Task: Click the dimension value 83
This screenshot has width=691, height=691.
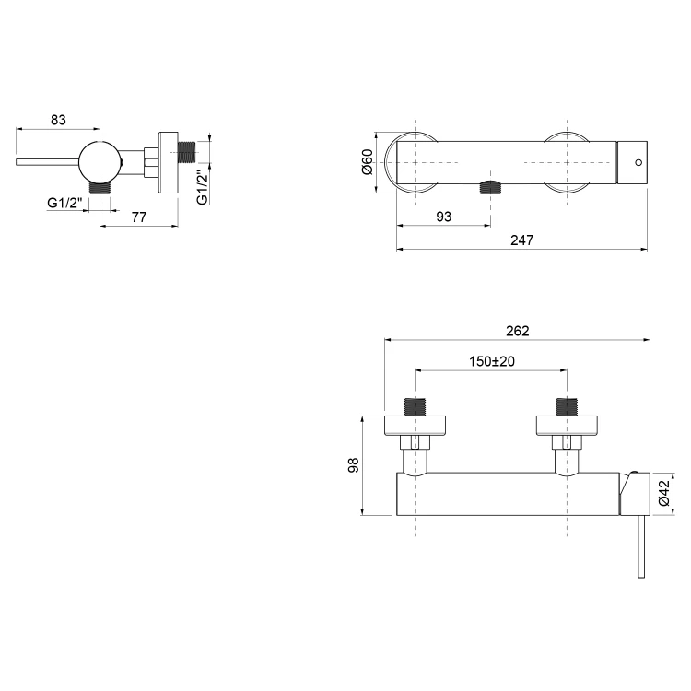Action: [x=58, y=120]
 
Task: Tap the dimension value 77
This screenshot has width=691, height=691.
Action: [x=139, y=217]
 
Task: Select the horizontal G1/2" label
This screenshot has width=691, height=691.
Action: [x=64, y=204]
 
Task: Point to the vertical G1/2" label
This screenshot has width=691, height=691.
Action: [x=203, y=188]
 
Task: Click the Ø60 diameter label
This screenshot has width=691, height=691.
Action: [x=367, y=162]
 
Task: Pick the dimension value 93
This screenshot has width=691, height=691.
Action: [x=444, y=217]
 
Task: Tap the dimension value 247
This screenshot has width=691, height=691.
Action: [x=521, y=240]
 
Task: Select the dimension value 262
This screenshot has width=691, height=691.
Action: [x=518, y=331]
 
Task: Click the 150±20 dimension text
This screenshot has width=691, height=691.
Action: [x=491, y=361]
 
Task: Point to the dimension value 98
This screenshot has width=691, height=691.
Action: [x=354, y=465]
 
